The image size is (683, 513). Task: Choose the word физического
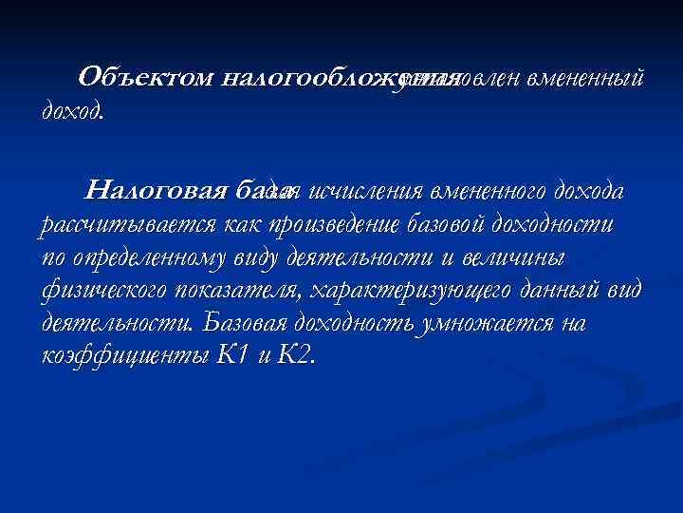105,291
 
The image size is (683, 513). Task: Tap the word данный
579,291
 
